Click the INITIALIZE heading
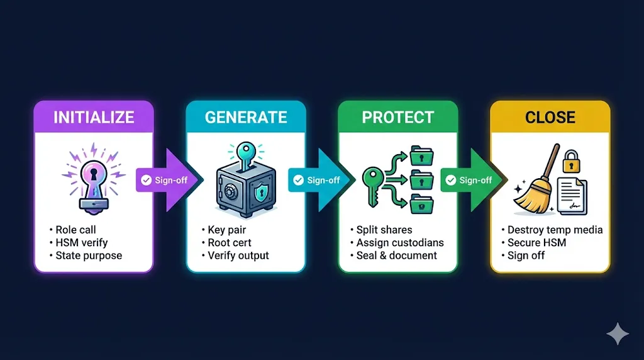coord(94,118)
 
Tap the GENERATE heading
coord(246,118)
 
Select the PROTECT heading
coord(397,118)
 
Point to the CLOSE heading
coord(550,118)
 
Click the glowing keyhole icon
coord(93,179)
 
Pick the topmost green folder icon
coord(419,154)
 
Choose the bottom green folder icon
coord(419,203)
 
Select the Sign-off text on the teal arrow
coord(323,181)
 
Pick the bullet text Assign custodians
coord(399,242)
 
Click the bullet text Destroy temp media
coord(555,230)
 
